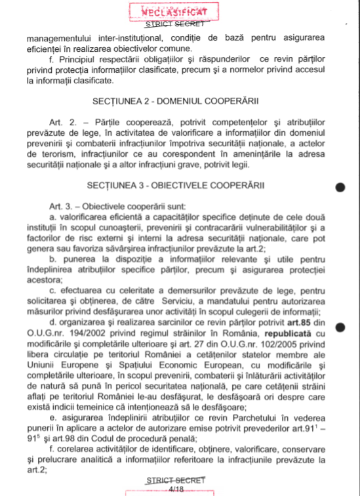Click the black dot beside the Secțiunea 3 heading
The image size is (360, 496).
coord(340,187)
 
